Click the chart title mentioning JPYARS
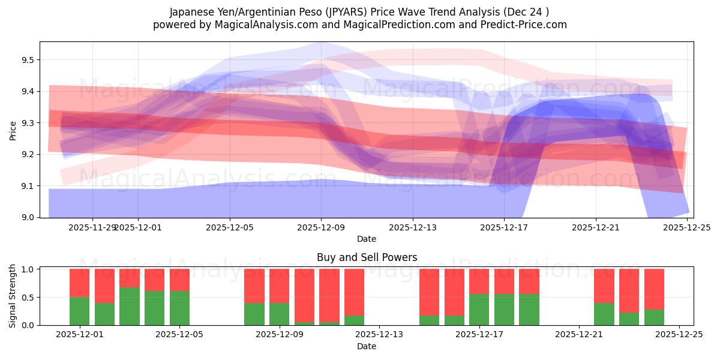click(359, 11)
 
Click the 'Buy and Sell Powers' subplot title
click(367, 257)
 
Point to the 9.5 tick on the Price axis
click(27, 60)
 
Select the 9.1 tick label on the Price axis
click(27, 186)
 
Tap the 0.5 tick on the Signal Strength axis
click(27, 298)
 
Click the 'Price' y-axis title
click(13, 130)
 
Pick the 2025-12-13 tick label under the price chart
click(413, 227)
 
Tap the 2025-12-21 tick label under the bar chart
click(579, 335)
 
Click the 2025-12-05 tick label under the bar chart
click(180, 335)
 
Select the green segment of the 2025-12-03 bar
click(130, 306)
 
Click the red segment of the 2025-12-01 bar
click(80, 283)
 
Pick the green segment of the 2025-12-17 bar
click(479, 310)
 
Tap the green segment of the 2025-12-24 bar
click(654, 317)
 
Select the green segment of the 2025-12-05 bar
click(180, 308)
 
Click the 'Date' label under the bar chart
click(367, 346)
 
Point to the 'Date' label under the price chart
click(367, 239)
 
